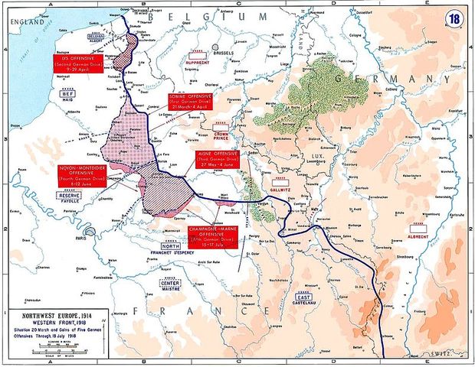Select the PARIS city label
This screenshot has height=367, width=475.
(x=97, y=238)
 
